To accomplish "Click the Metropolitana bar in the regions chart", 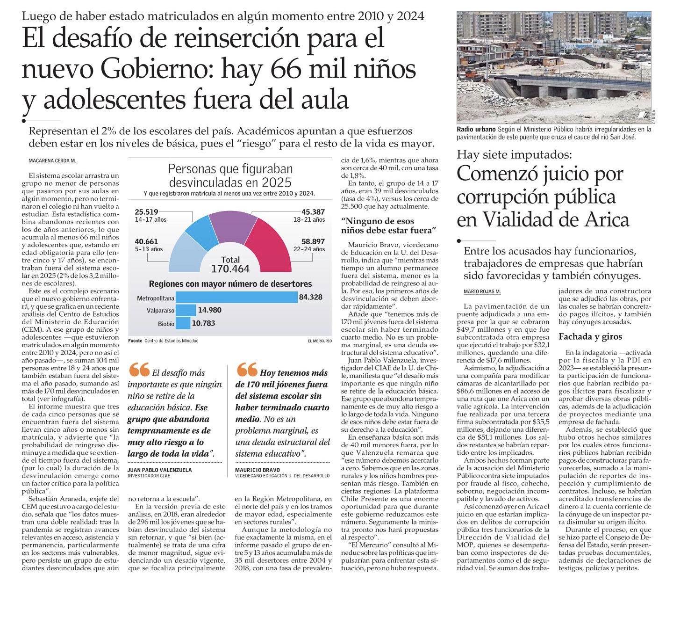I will [x=236, y=297].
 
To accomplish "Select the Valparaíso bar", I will [x=186, y=310].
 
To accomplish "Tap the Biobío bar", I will [x=183, y=323].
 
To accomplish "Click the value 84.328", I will [x=311, y=297].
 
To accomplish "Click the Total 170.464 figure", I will [x=230, y=265].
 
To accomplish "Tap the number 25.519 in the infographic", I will [x=146, y=212].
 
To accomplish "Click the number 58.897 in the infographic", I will [x=313, y=241].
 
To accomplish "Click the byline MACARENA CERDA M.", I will [x=52, y=161].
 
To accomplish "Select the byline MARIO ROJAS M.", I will [x=482, y=291].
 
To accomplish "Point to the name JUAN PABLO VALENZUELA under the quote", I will [x=159, y=470].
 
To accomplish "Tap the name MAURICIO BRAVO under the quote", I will [x=258, y=470].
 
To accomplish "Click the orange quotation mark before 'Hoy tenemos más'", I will [x=247, y=370].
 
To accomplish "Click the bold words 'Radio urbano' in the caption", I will [x=476, y=129].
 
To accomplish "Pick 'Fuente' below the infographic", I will [x=135, y=341].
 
